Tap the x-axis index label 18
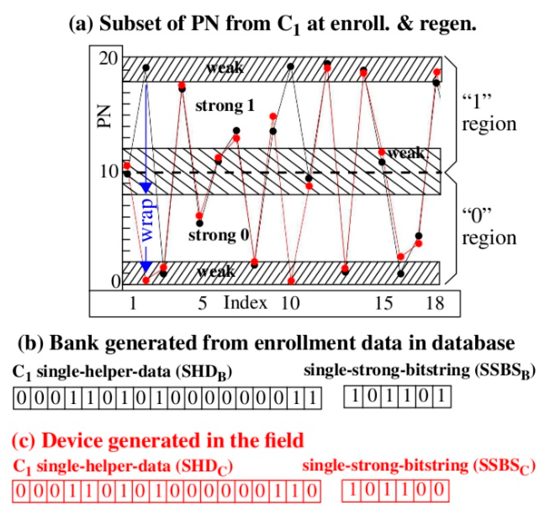(435, 303)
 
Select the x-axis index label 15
(384, 303)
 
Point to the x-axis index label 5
(202, 303)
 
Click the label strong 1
(225, 106)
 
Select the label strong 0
(219, 235)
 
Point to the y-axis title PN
(103, 116)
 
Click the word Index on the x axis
(245, 303)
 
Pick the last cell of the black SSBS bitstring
(442, 396)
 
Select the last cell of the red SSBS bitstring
(440, 490)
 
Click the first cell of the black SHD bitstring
(22, 398)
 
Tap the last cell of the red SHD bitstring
(312, 491)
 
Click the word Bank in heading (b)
(74, 343)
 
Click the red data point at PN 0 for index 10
(291, 281)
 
